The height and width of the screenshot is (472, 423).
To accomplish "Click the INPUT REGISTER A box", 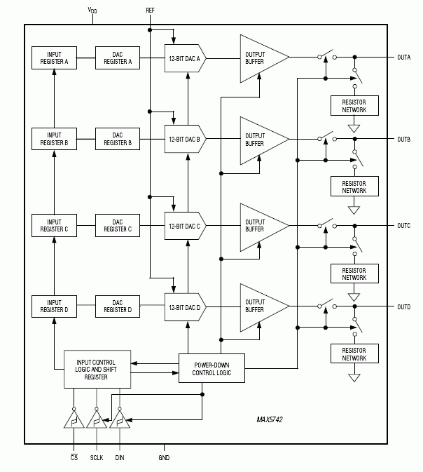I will pyautogui.click(x=54, y=58).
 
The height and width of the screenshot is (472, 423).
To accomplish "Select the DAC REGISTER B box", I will pyautogui.click(x=118, y=139).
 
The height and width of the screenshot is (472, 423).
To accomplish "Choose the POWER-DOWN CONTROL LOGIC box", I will pyautogui.click(x=211, y=368).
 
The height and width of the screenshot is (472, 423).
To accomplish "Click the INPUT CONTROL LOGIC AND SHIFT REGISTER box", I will pyautogui.click(x=97, y=368).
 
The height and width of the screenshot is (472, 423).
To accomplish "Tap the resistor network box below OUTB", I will pyautogui.click(x=354, y=186).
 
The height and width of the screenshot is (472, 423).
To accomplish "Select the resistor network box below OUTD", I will pyautogui.click(x=354, y=354).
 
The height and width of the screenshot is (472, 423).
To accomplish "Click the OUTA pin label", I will pyautogui.click(x=403, y=57).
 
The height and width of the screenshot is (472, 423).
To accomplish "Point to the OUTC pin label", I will pyautogui.click(x=403, y=225).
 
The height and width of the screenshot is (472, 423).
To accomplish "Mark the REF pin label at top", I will pyautogui.click(x=150, y=11).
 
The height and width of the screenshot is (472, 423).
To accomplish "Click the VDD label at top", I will pyautogui.click(x=92, y=10).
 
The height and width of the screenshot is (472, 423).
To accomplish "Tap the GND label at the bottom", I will pyautogui.click(x=163, y=457).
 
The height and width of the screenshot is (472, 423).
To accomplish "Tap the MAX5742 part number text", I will pyautogui.click(x=272, y=422).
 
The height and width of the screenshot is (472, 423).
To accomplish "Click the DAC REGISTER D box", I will pyautogui.click(x=118, y=306).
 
